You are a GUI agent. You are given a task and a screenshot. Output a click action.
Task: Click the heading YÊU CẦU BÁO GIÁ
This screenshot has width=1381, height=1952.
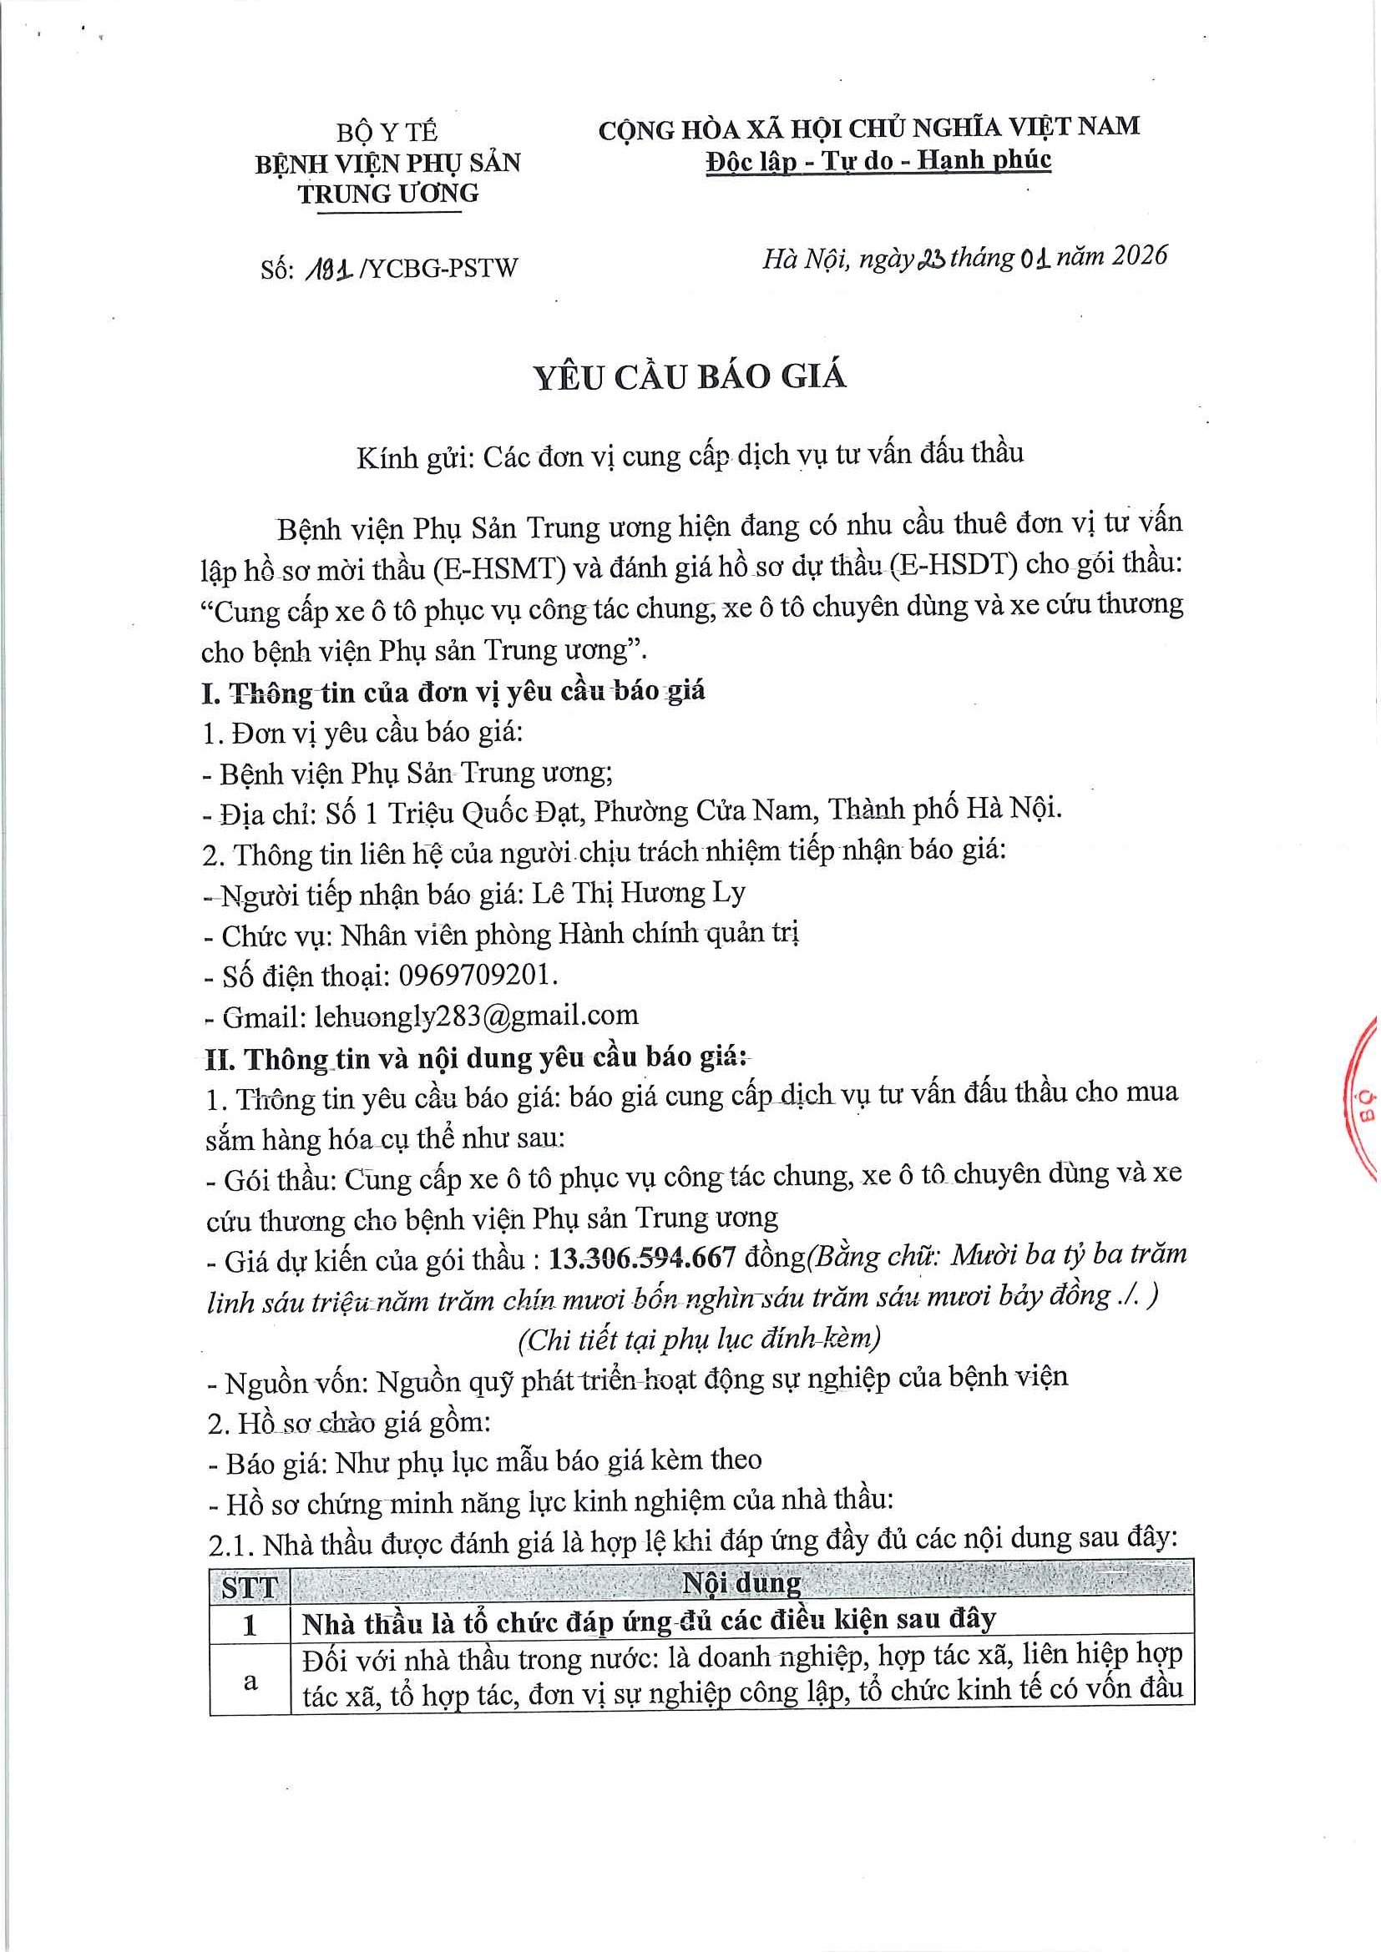690,376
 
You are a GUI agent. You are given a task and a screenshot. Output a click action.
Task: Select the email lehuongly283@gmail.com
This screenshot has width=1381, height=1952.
476,1015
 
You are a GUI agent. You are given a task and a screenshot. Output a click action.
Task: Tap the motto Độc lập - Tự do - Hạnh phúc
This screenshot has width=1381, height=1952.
879,160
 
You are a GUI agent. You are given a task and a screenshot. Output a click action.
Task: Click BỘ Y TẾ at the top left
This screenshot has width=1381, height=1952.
387,133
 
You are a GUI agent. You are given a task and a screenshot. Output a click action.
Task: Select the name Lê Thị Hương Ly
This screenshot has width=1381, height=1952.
639,893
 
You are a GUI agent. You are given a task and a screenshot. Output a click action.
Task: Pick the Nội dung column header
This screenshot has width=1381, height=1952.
741,1584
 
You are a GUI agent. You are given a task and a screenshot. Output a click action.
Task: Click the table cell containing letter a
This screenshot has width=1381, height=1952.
250,1682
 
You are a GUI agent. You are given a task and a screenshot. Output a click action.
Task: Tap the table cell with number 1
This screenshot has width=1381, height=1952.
250,1626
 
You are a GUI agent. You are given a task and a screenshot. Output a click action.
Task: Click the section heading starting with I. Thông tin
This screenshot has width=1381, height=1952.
453,692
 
